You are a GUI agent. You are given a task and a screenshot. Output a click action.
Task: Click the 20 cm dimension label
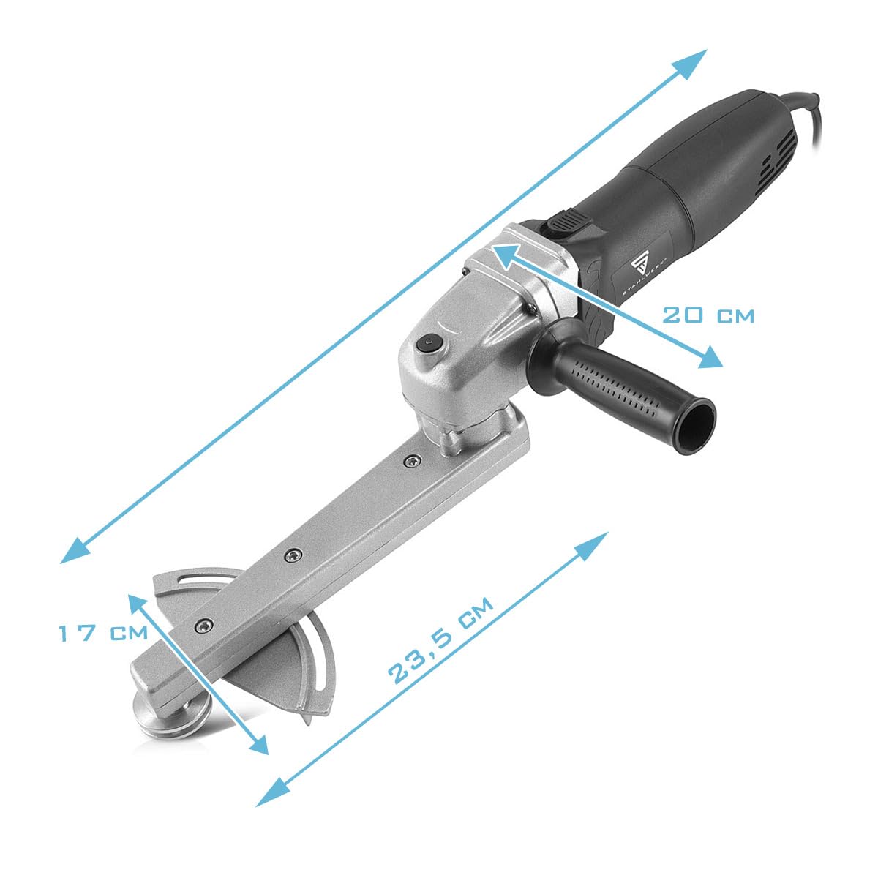coord(708,315)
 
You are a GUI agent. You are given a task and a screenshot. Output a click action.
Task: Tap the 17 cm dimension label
coord(103,633)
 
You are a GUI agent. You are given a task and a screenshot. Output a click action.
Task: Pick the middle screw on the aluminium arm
coord(293,555)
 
